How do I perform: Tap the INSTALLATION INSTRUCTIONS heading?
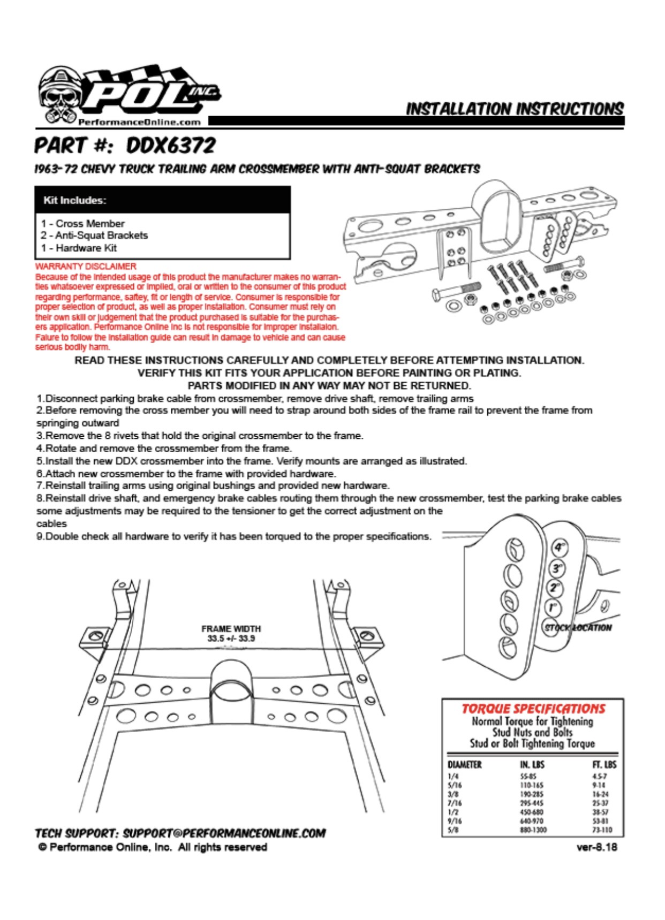[x=515, y=109]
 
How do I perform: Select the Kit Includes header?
[x=75, y=200]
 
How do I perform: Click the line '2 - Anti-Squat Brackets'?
[x=94, y=235]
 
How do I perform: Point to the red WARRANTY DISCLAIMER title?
[x=86, y=266]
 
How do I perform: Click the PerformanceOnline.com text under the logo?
[x=139, y=122]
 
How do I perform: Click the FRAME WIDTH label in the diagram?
[x=231, y=629]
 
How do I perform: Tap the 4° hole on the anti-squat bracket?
[x=560, y=548]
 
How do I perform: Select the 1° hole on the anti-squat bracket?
[x=554, y=607]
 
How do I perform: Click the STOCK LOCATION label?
[x=578, y=628]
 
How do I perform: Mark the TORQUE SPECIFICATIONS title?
[x=533, y=709]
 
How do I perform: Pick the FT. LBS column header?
[x=603, y=765]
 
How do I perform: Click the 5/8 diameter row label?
[x=452, y=830]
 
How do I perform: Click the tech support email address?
[x=224, y=833]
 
